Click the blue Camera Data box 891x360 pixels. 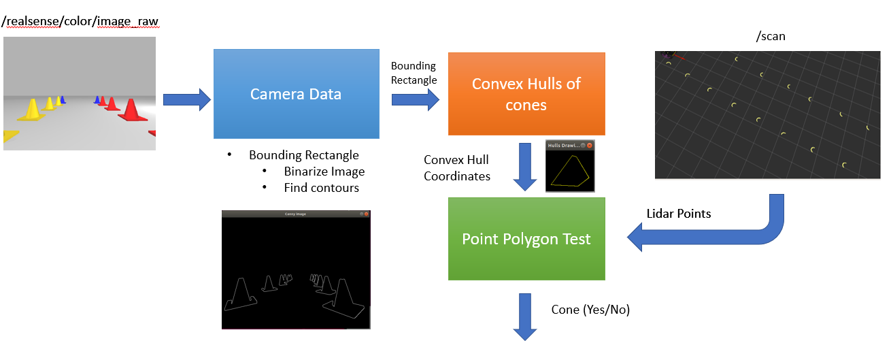point(296,94)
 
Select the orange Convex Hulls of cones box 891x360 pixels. point(526,94)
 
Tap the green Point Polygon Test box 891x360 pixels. point(526,239)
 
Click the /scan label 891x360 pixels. point(770,37)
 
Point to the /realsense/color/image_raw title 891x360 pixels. point(80,21)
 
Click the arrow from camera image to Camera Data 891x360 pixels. point(187,99)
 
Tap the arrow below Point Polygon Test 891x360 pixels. point(525,316)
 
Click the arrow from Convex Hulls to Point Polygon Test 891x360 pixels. point(525,167)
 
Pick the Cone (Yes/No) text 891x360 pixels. point(590,310)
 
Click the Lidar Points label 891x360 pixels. point(678,214)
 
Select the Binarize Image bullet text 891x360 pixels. point(324,171)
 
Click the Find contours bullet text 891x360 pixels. point(321,187)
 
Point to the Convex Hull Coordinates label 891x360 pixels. point(457,168)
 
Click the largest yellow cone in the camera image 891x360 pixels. point(31,110)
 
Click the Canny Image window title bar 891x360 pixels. point(296,214)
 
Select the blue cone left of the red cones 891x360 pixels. point(97,101)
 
